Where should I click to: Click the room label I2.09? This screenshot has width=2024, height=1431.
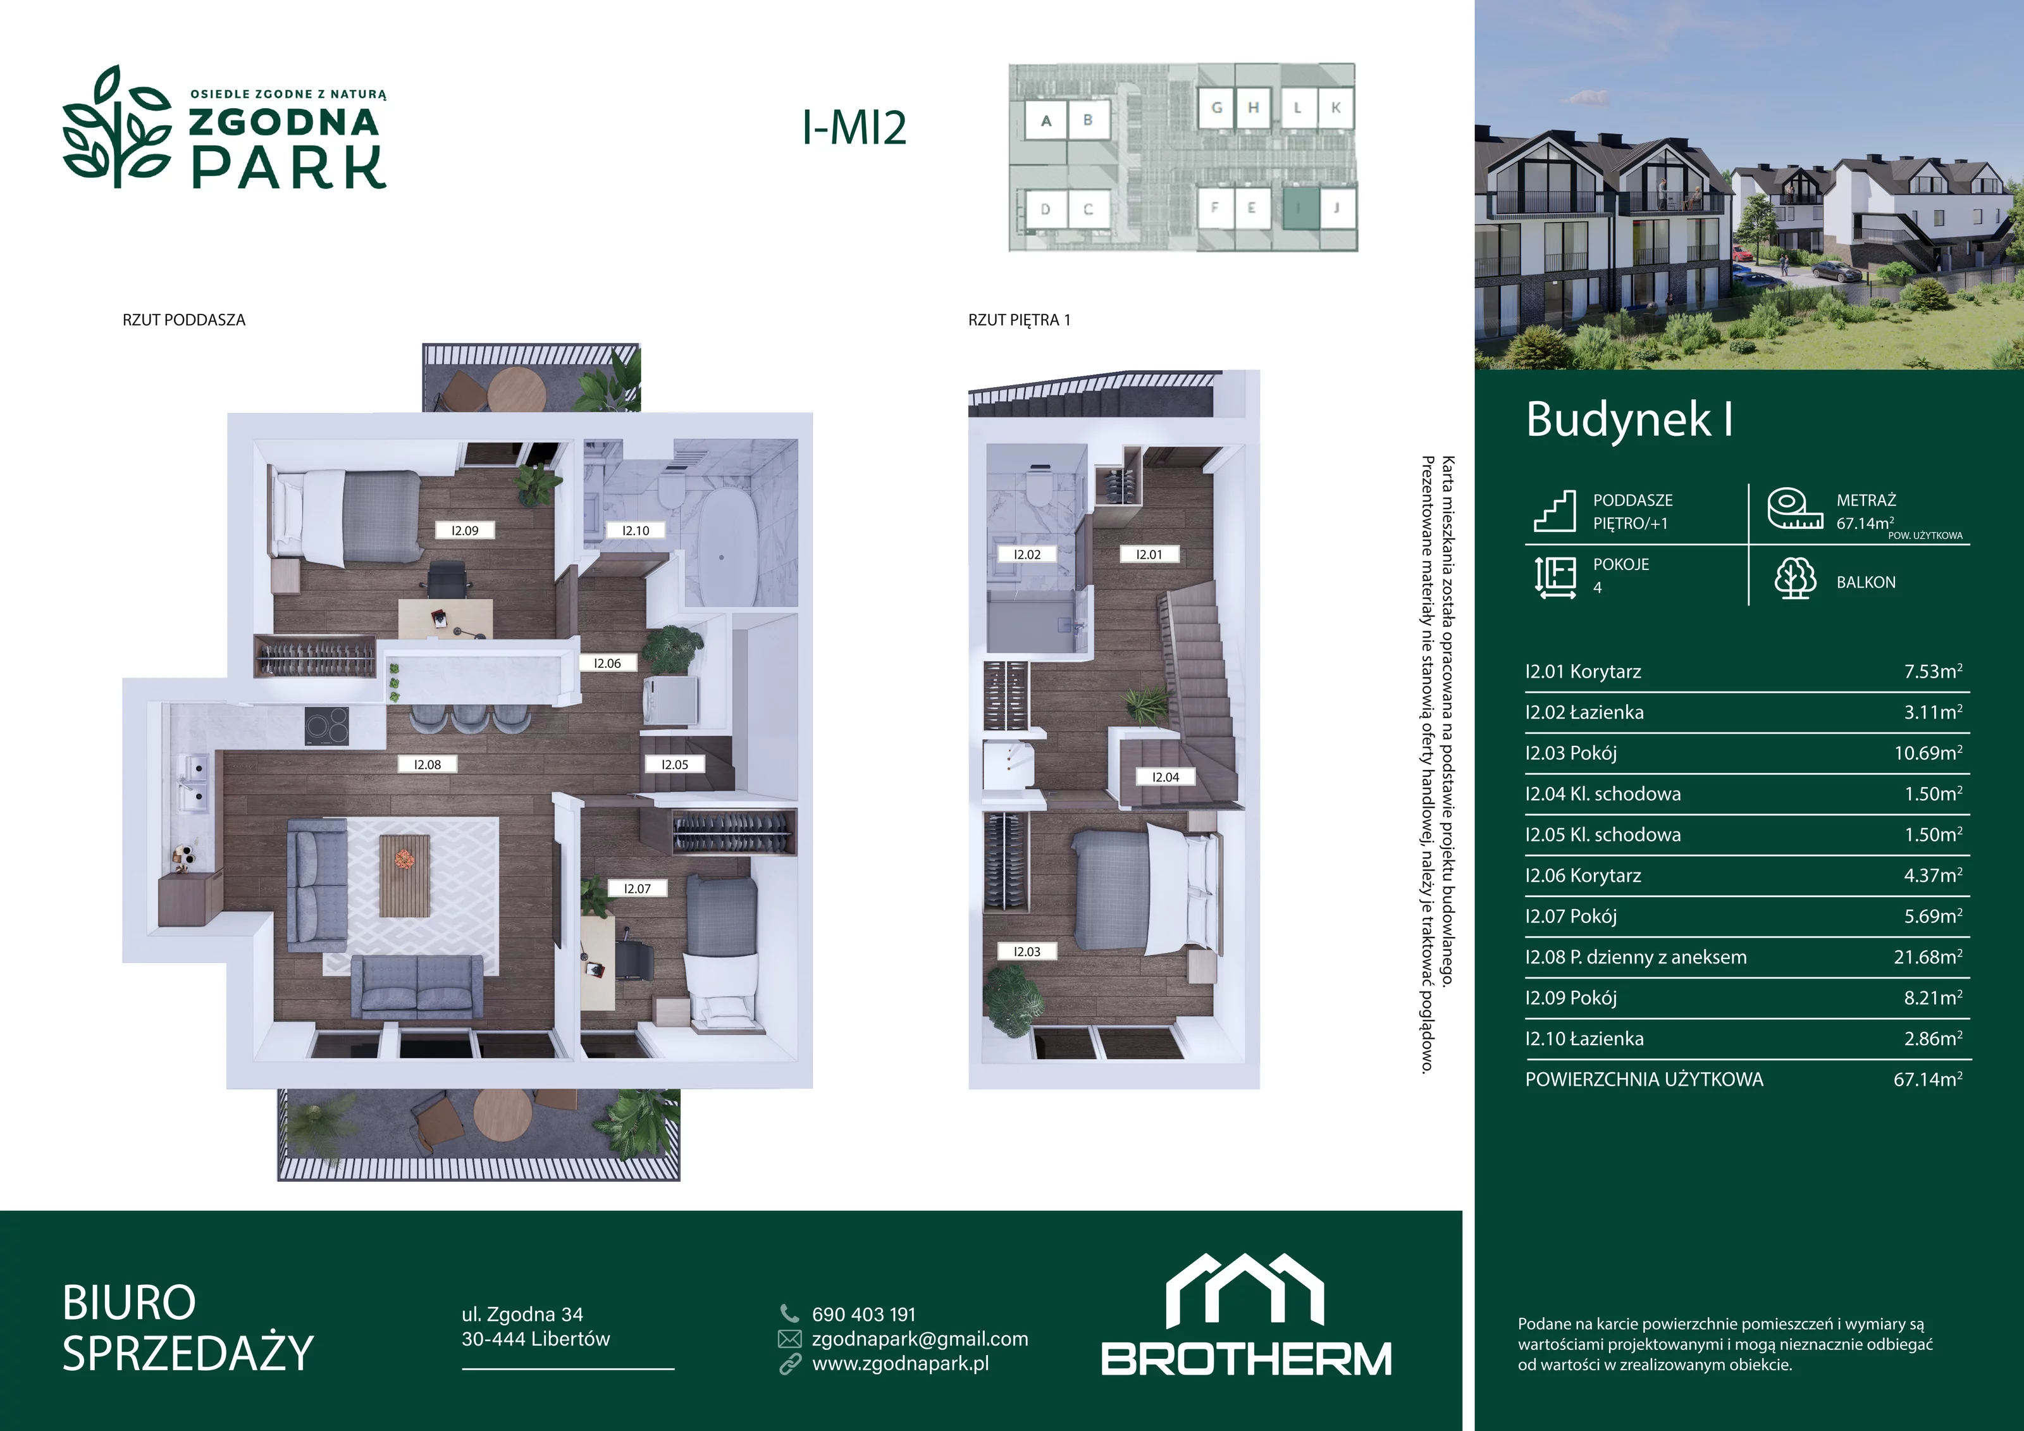(x=464, y=531)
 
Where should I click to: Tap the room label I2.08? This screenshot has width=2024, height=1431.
(x=428, y=764)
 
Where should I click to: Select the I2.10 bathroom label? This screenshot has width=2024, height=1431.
(x=636, y=531)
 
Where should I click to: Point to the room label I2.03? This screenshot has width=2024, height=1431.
(x=1027, y=951)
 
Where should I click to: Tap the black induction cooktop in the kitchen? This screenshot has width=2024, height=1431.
(x=326, y=726)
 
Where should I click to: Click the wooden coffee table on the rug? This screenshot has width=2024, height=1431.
(x=405, y=876)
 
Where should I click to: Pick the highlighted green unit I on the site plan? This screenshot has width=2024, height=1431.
(x=1299, y=209)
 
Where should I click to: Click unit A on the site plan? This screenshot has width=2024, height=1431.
(x=1046, y=121)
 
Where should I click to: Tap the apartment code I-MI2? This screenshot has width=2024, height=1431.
(x=853, y=128)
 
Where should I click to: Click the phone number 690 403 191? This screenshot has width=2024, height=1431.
(x=864, y=1315)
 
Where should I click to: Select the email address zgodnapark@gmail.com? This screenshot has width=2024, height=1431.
(x=920, y=1339)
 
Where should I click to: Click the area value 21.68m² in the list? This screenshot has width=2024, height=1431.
(x=1928, y=957)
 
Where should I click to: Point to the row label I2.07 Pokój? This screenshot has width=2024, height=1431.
(x=1571, y=916)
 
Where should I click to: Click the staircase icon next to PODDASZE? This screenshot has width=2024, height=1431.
(x=1554, y=511)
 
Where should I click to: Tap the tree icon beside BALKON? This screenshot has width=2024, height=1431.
(x=1795, y=578)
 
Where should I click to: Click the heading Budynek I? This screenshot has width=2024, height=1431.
(x=1629, y=419)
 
